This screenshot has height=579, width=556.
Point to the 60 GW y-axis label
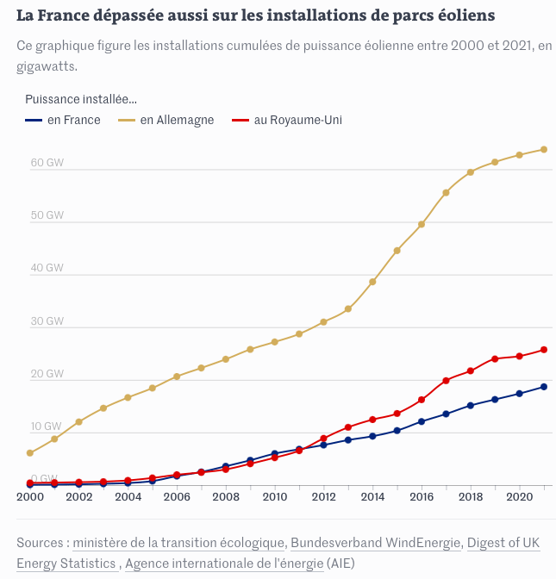click(x=47, y=162)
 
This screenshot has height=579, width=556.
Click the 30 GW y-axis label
click(x=47, y=321)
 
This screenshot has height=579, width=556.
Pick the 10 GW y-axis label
click(x=47, y=426)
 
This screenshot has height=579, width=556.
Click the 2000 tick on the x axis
click(x=30, y=497)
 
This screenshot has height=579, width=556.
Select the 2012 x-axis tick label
click(x=324, y=497)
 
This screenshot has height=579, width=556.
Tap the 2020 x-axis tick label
click(x=519, y=497)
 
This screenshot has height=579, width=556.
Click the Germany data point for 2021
click(x=544, y=149)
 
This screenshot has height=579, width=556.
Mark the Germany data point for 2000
click(x=30, y=452)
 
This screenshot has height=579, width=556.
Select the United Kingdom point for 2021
click(x=544, y=350)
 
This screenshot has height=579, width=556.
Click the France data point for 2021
click(x=544, y=387)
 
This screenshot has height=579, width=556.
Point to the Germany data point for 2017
click(x=446, y=193)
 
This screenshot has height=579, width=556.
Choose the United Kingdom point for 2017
click(x=446, y=381)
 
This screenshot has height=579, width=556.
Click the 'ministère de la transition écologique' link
click(x=178, y=543)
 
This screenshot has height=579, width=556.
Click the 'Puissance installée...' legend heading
click(x=81, y=99)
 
